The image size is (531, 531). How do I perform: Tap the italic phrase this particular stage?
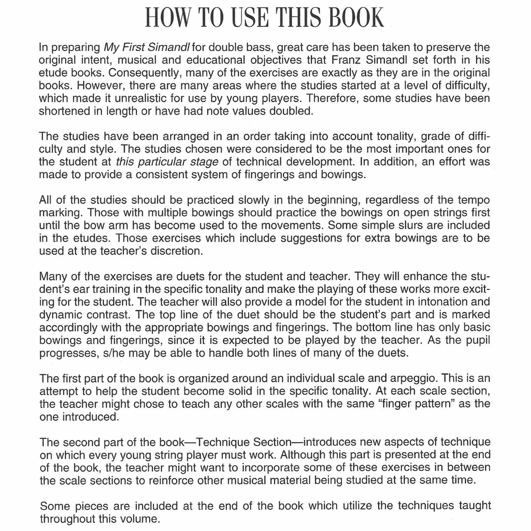[167, 162]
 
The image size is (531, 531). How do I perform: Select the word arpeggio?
[413, 378]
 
